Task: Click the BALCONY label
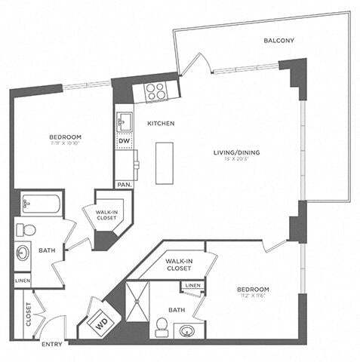click(278, 41)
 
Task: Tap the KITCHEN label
click(161, 123)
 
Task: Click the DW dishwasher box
click(124, 140)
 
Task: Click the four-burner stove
click(155, 92)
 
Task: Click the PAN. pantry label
click(123, 184)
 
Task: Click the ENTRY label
click(52, 345)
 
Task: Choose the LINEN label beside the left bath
click(23, 280)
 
